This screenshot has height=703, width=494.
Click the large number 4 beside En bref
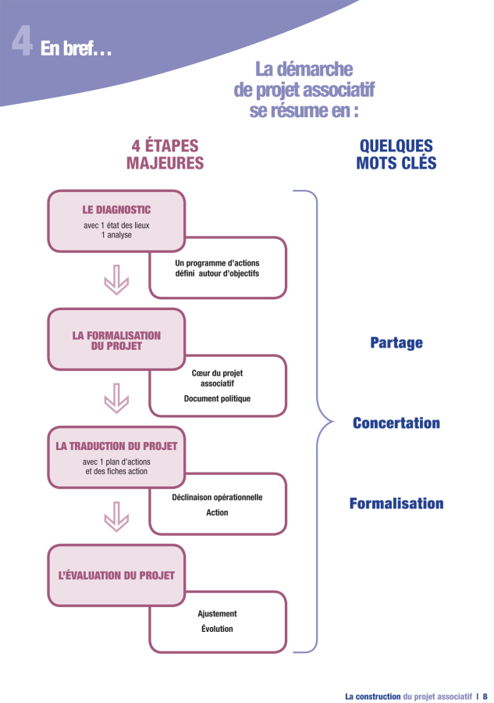22,41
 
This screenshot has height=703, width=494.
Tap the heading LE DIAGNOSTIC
116,210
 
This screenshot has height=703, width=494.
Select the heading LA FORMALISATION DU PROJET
116,341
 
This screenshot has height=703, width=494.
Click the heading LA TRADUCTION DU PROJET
116,446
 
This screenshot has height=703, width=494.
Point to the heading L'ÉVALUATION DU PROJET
116,575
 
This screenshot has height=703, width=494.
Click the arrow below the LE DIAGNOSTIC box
116,280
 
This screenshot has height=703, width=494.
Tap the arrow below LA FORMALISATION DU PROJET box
116,398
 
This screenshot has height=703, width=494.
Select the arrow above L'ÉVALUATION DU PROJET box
116,516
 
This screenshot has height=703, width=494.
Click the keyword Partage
396,343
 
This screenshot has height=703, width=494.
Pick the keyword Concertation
396,423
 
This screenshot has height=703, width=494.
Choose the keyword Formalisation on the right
396,504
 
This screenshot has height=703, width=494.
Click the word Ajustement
217,614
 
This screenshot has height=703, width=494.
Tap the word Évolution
217,629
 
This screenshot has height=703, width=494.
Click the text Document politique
217,398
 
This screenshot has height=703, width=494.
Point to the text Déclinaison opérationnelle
217,498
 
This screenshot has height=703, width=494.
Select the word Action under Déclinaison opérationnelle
217,512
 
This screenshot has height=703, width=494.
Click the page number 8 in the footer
485,696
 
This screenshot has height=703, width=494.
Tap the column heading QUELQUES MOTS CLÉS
396,154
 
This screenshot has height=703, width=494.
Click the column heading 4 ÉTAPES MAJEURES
165,154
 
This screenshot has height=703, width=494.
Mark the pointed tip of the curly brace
334,422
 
